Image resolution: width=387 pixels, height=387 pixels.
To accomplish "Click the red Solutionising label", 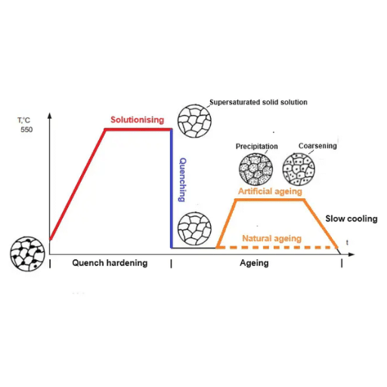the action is point(138,119).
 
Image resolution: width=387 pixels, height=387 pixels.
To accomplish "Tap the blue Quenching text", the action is point(182,180).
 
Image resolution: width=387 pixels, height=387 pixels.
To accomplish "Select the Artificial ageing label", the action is point(270,191).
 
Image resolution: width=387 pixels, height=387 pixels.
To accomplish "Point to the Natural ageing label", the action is point(272,238).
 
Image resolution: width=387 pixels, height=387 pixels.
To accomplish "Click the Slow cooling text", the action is point(351,218).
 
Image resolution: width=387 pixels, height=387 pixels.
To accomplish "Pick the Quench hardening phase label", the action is point(110,263).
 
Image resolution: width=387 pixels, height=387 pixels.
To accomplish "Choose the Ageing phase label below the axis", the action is point(254,263).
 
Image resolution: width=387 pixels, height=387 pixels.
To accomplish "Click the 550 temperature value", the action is point(26,130).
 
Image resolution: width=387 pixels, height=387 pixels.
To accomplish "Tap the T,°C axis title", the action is point(23,120).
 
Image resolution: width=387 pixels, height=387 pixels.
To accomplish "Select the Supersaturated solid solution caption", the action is point(259,102).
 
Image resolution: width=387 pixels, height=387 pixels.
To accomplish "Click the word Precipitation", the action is point(257,147).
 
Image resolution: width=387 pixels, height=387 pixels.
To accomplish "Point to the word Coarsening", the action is point(317,146).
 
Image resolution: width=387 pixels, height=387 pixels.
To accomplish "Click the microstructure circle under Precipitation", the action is point(255,169).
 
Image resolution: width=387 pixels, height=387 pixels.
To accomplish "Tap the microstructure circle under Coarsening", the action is point(299,169).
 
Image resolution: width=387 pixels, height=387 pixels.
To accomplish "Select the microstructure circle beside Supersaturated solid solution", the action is point(194,121).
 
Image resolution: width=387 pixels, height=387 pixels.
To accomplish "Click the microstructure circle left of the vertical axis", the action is point(27,254).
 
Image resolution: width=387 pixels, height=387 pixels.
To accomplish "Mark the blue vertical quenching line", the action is point(172,188).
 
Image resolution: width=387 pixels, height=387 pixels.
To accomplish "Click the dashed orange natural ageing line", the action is point(277,247).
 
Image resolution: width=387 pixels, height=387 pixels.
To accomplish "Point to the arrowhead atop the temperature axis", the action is point(50,116).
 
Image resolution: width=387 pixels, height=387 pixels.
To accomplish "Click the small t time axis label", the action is point(347,243).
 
